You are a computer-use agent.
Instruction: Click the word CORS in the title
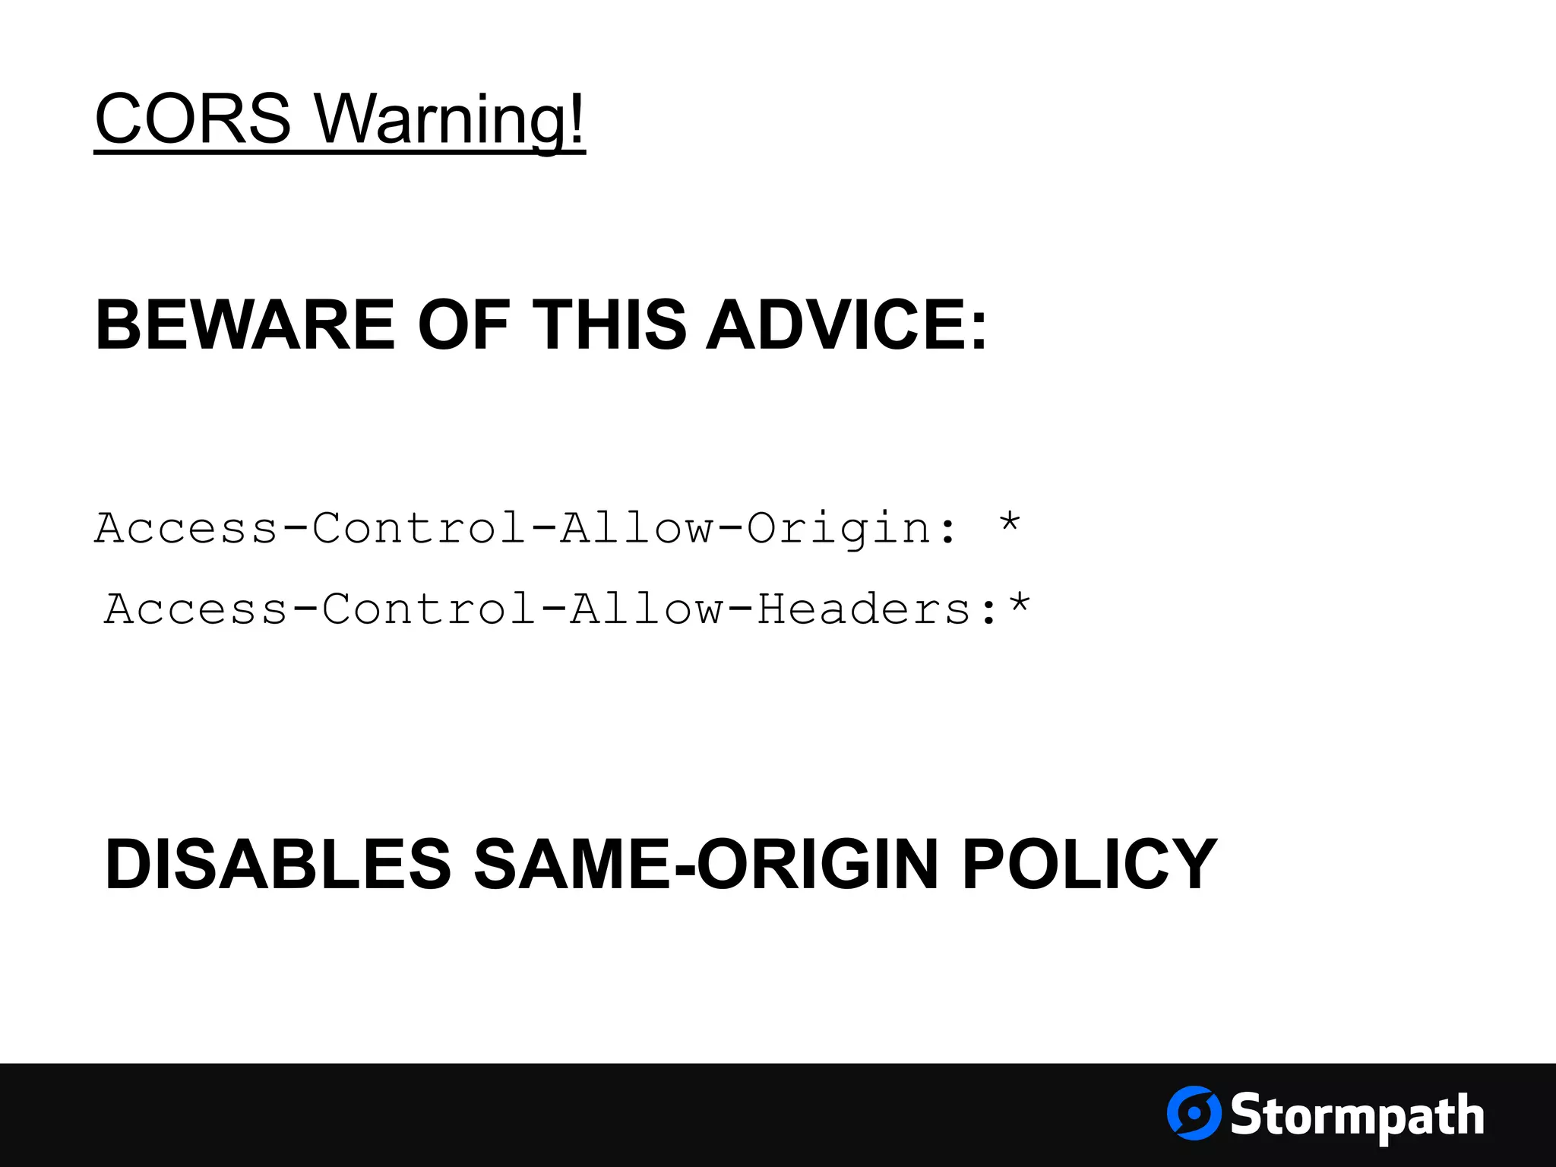[193, 119]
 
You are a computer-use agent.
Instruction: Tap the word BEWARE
[245, 325]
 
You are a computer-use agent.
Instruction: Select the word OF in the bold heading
[463, 325]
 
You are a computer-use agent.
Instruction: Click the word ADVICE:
[846, 325]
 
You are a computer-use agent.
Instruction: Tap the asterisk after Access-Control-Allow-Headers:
[1019, 605]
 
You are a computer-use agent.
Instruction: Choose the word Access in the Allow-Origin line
[186, 528]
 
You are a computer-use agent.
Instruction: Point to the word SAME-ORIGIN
[707, 864]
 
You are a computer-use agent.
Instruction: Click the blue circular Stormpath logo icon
[1194, 1113]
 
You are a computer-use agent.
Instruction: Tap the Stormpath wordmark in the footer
[1357, 1115]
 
